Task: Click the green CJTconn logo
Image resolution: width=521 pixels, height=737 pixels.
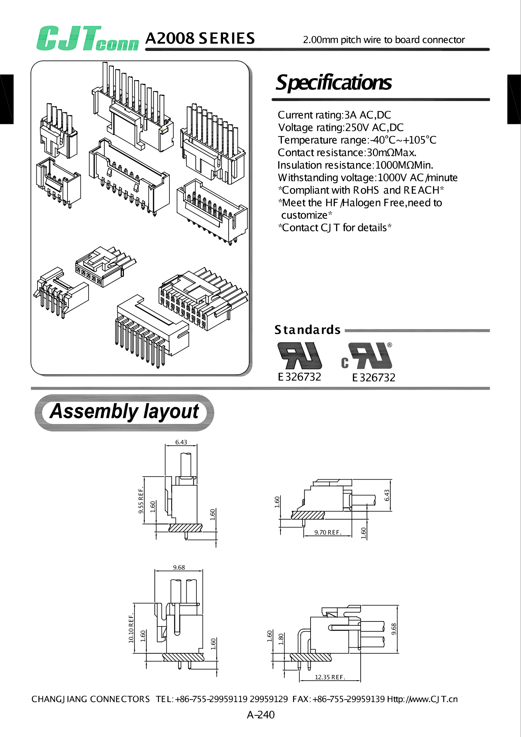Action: coord(87,39)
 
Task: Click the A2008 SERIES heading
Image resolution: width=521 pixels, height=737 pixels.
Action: coord(200,38)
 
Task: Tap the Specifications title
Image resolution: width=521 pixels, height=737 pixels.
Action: coord(334,83)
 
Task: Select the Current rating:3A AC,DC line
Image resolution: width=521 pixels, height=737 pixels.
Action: coord(334,115)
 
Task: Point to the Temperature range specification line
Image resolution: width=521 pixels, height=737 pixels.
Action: coord(357,140)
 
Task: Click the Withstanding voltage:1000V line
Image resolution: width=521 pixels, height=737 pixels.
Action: coord(367,178)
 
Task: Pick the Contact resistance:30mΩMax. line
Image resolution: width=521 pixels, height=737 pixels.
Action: coord(347,153)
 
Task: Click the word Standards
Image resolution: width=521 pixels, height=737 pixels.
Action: coord(307,330)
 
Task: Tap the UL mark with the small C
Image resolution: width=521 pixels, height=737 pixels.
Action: coord(368,356)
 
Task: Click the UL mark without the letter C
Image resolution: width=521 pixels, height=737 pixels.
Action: coord(300,356)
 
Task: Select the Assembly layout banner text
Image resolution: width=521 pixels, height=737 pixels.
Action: coord(124,411)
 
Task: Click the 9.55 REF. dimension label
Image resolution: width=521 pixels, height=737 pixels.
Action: coord(141,501)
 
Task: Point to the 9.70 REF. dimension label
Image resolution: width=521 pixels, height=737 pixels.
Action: coord(327,533)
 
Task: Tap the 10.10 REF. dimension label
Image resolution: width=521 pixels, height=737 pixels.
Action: coord(131,628)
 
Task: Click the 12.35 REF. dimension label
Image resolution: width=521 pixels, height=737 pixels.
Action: coord(330,677)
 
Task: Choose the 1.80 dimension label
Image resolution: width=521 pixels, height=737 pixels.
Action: coord(281,639)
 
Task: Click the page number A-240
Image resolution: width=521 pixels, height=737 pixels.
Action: coord(260,715)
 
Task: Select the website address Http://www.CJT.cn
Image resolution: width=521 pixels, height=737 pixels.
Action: coord(422,699)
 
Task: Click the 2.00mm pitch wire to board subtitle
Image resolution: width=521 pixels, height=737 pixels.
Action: coord(384,40)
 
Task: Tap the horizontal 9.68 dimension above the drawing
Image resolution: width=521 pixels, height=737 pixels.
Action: coord(179,568)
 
